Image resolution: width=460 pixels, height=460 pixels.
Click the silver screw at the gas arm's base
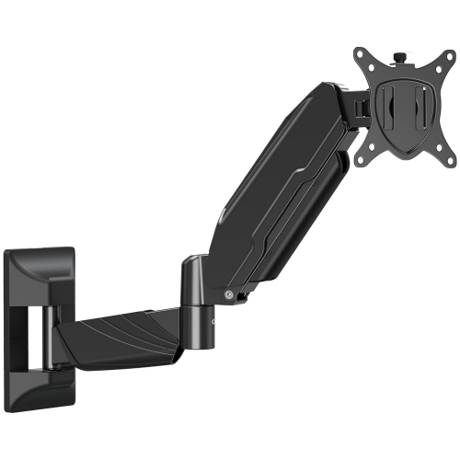226,295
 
